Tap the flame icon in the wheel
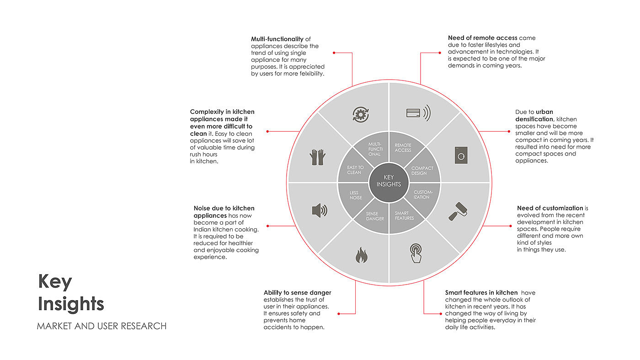tap(361, 255)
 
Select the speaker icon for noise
tap(320, 210)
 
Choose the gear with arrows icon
tap(360, 114)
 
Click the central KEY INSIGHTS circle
tap(389, 181)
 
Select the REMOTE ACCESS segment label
tap(403, 148)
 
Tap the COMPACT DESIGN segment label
tap(422, 171)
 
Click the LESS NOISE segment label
tap(355, 195)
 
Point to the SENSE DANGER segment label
tap(375, 216)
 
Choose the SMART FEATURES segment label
tap(404, 215)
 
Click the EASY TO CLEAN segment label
tap(355, 170)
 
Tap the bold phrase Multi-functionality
tap(277, 39)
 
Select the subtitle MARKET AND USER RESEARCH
tap(101, 326)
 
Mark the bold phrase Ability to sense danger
tap(297, 293)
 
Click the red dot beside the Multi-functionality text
tap(334, 53)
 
